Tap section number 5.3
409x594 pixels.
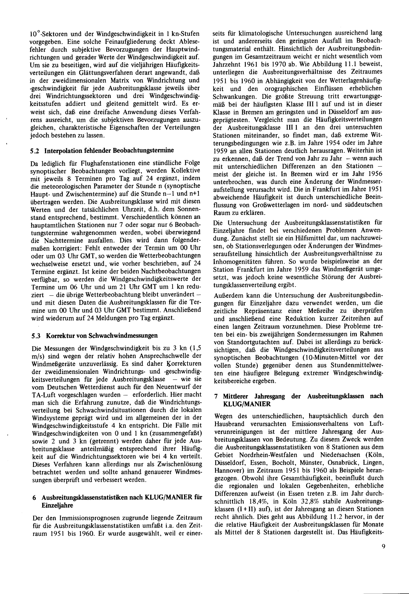click(x=35, y=335)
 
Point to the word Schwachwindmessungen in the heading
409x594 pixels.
click(x=123, y=335)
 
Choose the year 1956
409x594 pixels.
click(x=375, y=174)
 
